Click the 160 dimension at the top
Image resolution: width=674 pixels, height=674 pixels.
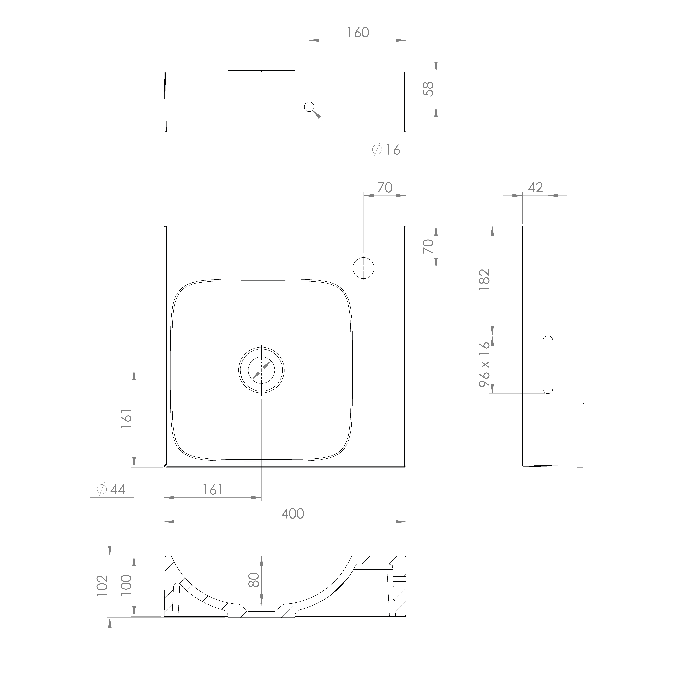[358, 32]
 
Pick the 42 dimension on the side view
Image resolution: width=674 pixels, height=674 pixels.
[536, 188]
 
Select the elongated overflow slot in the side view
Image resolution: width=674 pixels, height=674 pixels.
[548, 365]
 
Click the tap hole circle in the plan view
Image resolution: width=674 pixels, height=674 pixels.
[364, 268]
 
